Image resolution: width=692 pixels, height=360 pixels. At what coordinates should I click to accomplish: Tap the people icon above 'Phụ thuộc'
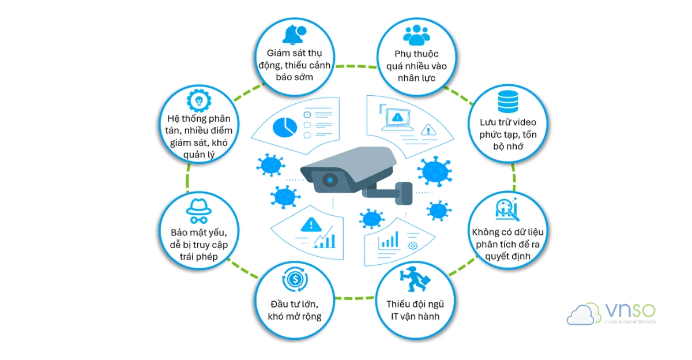(416, 35)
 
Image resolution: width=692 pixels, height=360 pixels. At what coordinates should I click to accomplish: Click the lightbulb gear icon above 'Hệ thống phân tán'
(197, 101)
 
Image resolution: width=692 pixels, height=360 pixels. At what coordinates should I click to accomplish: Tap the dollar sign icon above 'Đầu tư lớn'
(294, 282)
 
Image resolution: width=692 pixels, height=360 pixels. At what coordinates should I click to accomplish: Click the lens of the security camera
(328, 179)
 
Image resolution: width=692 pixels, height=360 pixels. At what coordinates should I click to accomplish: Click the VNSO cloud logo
(580, 314)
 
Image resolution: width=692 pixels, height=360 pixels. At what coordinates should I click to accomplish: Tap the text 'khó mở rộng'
(294, 316)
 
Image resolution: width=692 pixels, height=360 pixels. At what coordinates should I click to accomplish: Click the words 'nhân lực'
(416, 78)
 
